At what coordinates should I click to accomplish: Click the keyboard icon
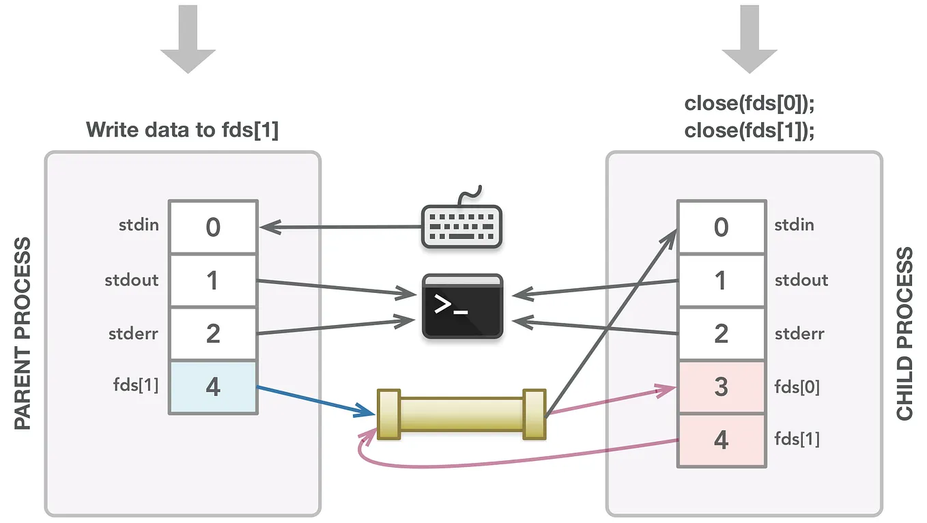pyautogui.click(x=461, y=225)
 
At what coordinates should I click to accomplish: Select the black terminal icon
pyautogui.click(x=463, y=305)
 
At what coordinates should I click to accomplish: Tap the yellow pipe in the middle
pyautogui.click(x=461, y=414)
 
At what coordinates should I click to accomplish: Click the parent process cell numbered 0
pyautogui.click(x=213, y=227)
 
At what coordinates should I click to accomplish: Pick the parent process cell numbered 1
pyautogui.click(x=213, y=280)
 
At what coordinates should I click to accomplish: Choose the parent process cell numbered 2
pyautogui.click(x=213, y=333)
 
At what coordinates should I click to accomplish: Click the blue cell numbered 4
pyautogui.click(x=213, y=387)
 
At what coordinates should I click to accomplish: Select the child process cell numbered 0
pyautogui.click(x=721, y=227)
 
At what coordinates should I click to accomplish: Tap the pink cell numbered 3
pyautogui.click(x=721, y=387)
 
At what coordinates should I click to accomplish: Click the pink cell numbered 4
pyautogui.click(x=721, y=440)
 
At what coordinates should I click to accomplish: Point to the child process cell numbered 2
pyautogui.click(x=721, y=333)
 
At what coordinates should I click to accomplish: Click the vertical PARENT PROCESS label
pyautogui.click(x=24, y=333)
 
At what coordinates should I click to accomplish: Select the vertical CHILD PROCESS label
pyautogui.click(x=904, y=333)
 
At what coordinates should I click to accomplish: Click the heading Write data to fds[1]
pyautogui.click(x=182, y=130)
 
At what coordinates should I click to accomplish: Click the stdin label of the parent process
pyautogui.click(x=139, y=225)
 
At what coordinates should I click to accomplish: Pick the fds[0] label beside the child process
pyautogui.click(x=797, y=386)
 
